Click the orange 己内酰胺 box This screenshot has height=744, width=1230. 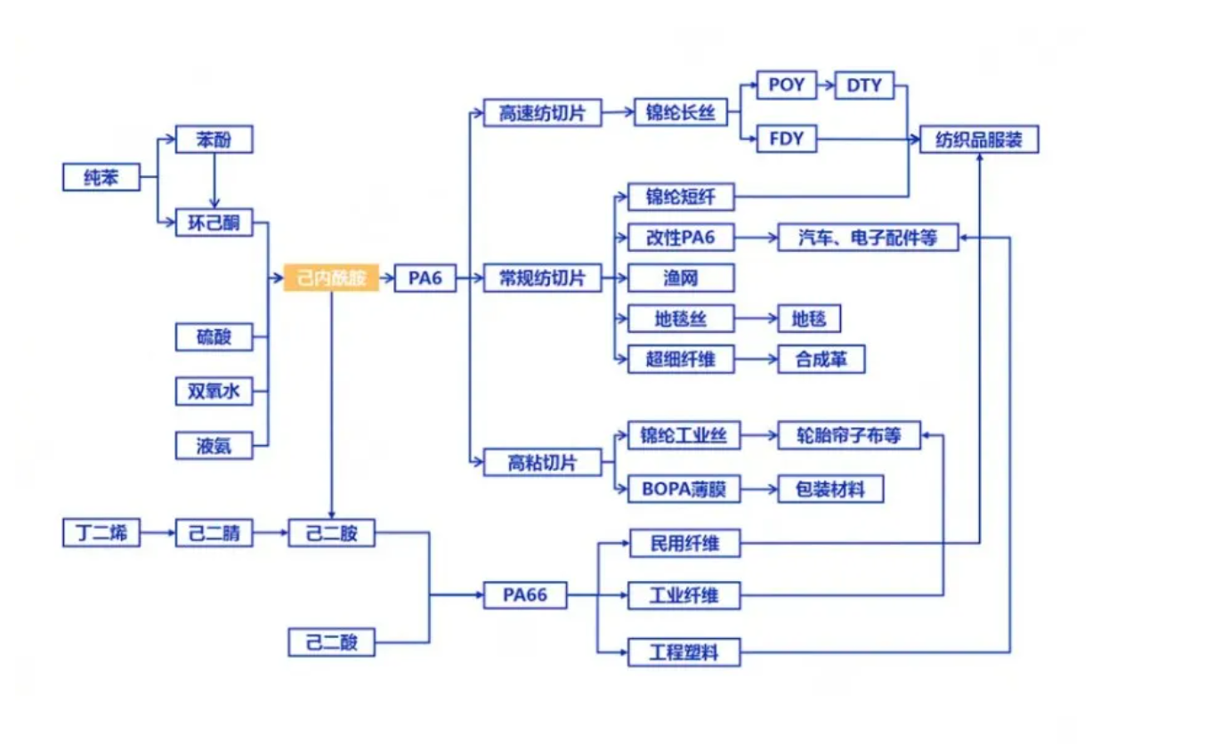[331, 278]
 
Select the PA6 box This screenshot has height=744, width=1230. [425, 278]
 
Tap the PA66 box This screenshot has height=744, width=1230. [524, 594]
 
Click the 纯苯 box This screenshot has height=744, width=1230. [101, 177]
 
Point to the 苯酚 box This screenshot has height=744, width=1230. [214, 140]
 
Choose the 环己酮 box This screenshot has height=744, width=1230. [214, 222]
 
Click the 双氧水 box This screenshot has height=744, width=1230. [214, 391]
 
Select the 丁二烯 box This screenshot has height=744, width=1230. [101, 533]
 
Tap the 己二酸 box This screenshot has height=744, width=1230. [331, 642]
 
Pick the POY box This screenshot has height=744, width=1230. [786, 85]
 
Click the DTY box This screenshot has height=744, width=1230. [863, 85]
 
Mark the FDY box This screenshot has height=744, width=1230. [786, 139]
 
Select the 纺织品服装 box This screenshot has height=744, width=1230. [978, 140]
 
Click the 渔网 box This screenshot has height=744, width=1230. [681, 278]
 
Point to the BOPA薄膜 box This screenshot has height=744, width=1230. [684, 489]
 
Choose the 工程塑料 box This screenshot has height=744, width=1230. [684, 652]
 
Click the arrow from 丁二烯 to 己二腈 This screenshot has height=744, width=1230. [158, 534]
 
